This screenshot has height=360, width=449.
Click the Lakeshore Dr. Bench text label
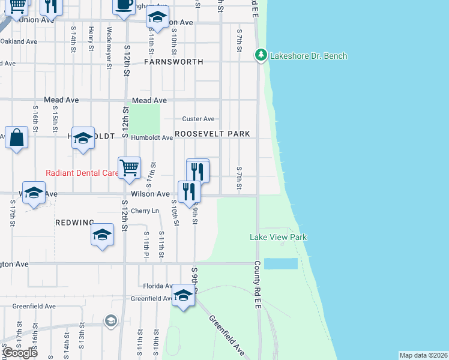coord(309,56)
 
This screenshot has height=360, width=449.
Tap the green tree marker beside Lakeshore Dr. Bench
coord(261,55)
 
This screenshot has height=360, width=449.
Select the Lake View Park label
coord(278,237)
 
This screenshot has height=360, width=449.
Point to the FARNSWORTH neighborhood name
coord(173,62)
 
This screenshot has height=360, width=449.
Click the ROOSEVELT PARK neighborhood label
coord(212,133)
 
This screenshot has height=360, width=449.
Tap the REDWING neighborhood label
coord(74,223)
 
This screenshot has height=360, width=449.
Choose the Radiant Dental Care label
coord(82,173)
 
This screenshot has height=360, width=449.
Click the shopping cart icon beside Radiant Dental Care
coord(129,168)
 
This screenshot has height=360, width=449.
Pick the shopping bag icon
coord(17,137)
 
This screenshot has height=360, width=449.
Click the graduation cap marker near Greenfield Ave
coord(183,295)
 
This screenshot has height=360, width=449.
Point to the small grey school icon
coord(110,321)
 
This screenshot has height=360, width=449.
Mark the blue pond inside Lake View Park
coord(281,263)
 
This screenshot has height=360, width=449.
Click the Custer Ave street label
coord(199,119)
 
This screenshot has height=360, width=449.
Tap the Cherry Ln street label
coord(145,211)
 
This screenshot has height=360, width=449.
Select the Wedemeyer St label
coord(109,38)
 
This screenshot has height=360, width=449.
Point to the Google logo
coord(19,353)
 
